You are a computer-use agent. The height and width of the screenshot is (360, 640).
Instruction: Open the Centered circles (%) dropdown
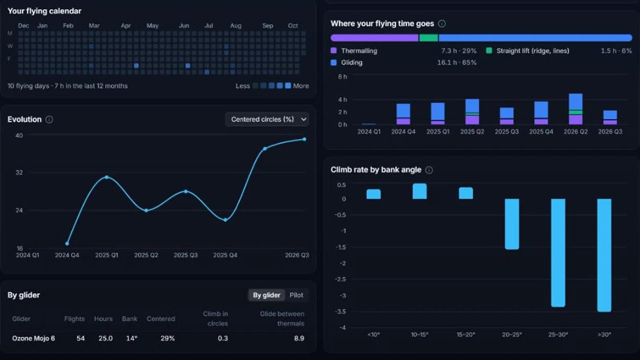[x=267, y=119]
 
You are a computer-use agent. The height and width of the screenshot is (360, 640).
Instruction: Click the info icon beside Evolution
[x=49, y=120]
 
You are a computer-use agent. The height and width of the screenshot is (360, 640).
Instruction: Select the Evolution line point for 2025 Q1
[x=106, y=177]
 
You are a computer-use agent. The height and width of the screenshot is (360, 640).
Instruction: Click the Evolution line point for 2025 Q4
[x=226, y=220]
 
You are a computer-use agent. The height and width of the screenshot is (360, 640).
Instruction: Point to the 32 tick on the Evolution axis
[x=19, y=172]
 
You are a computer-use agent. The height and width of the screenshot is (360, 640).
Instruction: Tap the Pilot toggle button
[x=296, y=295]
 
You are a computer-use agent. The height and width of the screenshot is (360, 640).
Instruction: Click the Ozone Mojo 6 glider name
[x=34, y=338]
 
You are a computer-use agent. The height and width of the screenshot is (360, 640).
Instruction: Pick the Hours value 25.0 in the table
[x=106, y=338]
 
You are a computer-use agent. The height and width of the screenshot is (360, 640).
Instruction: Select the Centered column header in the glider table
[x=161, y=319]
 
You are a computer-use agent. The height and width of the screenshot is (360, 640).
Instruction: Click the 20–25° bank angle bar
[x=512, y=224]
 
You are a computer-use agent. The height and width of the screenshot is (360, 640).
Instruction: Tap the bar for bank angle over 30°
[x=604, y=255]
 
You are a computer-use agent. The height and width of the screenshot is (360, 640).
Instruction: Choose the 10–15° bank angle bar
[x=420, y=191]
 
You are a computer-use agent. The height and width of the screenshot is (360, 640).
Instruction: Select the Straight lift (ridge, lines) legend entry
[x=528, y=51]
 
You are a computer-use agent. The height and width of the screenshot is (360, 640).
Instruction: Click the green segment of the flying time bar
[x=428, y=38]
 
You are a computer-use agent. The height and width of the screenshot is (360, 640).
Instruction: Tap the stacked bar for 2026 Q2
[x=576, y=109]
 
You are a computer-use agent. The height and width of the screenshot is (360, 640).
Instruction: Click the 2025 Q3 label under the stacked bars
[x=506, y=132]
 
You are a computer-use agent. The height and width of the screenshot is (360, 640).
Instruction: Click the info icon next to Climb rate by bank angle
[x=429, y=170]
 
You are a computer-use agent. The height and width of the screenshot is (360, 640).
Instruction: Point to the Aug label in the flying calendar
[x=236, y=26]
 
